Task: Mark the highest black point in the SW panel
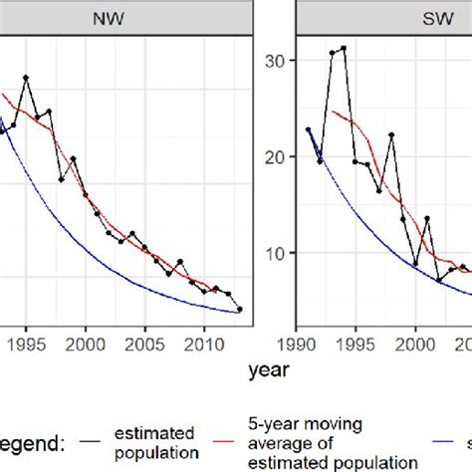(344, 48)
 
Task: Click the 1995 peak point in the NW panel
(26, 78)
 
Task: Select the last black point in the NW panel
(239, 309)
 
